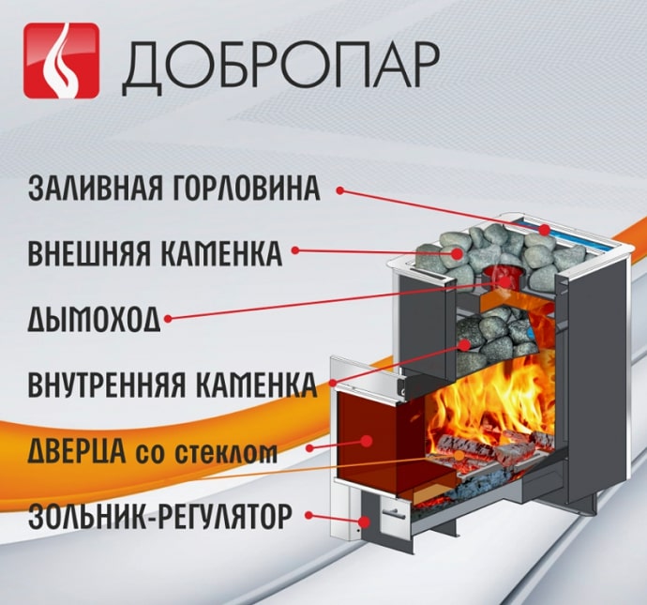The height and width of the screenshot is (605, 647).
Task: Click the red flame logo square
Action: pyautogui.click(x=62, y=61)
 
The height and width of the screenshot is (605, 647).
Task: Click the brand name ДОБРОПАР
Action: pyautogui.click(x=279, y=65)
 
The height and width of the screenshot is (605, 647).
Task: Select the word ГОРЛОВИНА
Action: pyautogui.click(x=245, y=189)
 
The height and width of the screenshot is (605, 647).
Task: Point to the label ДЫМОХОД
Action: pyautogui.click(x=94, y=319)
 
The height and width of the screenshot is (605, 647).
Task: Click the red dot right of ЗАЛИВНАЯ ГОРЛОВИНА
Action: pyautogui.click(x=340, y=190)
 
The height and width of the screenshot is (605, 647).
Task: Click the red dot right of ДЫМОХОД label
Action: pyautogui.click(x=168, y=319)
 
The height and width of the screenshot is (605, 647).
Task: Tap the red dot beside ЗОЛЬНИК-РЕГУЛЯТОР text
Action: pyautogui.click(x=308, y=515)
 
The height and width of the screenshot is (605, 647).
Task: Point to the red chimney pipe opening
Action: pyautogui.click(x=504, y=278)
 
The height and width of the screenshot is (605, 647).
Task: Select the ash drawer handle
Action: pyautogui.click(x=393, y=512)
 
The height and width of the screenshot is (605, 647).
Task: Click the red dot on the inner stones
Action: pyautogui.click(x=465, y=344)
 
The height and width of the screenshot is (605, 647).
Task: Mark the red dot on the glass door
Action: pyautogui.click(x=366, y=441)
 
